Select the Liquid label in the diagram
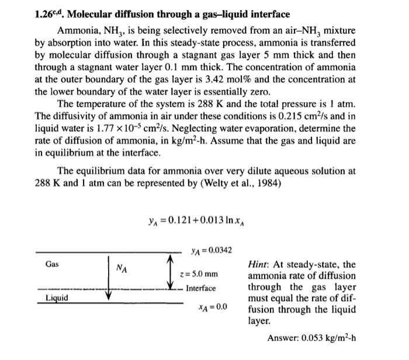[x=57, y=298]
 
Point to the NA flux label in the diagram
[x=122, y=268]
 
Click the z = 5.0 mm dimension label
[x=199, y=274]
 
